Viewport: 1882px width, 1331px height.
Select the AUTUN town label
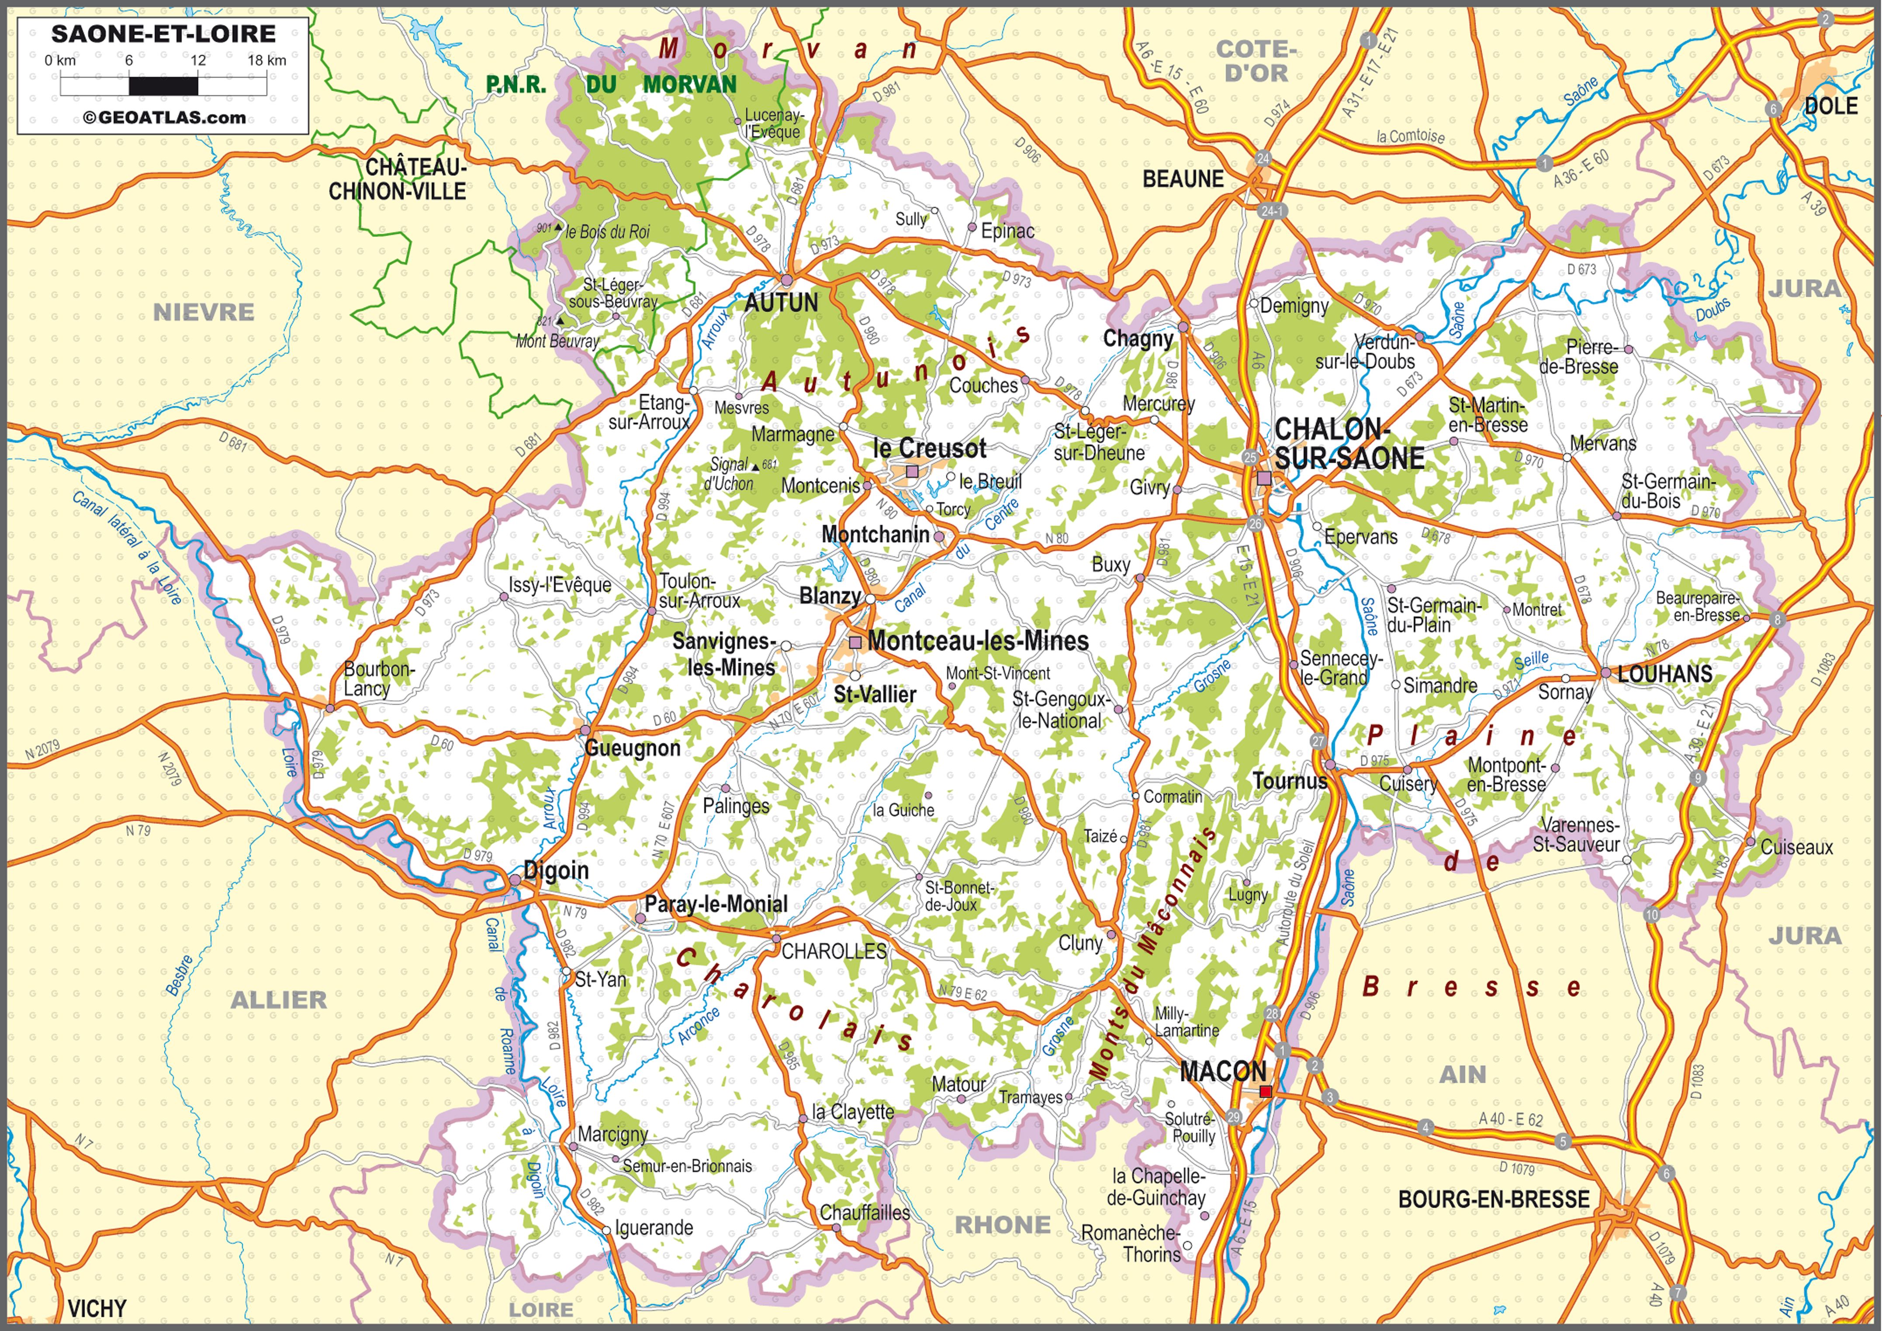781,303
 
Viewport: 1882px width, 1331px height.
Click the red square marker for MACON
1266,1091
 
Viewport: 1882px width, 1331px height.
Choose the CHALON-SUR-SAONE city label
1349,443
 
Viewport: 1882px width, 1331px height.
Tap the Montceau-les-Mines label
978,641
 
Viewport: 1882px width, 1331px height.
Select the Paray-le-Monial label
716,904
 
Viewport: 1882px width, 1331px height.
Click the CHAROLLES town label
834,951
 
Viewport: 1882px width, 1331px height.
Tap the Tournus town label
1289,780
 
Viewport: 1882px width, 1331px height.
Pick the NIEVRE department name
203,312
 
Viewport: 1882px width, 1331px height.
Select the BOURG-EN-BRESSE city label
1494,1199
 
